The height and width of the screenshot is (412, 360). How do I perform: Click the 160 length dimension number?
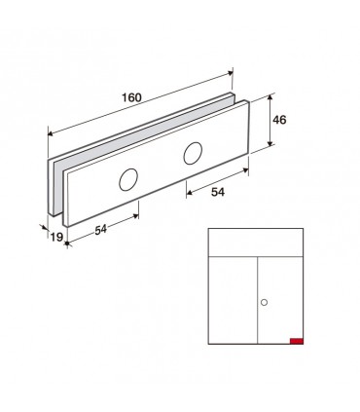tap(131, 97)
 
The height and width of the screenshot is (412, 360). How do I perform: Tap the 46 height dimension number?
tap(279, 120)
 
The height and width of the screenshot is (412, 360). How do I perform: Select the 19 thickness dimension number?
tap(56, 238)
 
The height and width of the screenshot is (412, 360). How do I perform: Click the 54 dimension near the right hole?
tap(218, 192)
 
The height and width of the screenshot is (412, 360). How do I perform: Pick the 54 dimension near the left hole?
tap(101, 230)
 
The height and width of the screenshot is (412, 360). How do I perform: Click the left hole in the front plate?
tap(128, 180)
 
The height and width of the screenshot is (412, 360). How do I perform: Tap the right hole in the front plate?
tap(193, 153)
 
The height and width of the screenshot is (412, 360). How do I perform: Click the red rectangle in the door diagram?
tap(297, 341)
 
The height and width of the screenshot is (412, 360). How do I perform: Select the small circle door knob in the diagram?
tap(264, 303)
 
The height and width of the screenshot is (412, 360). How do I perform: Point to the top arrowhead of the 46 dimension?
tap(270, 97)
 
